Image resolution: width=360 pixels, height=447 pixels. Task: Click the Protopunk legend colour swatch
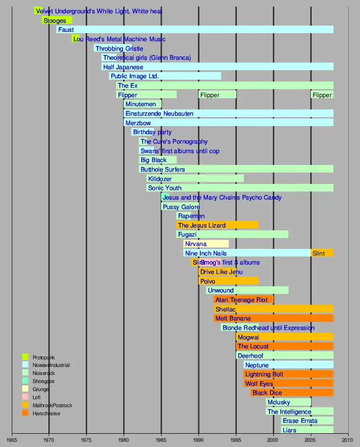point(26,357)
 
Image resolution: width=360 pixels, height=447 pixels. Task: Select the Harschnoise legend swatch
point(26,413)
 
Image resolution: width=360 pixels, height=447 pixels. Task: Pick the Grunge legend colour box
point(26,389)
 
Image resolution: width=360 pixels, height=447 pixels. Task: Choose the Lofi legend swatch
point(26,397)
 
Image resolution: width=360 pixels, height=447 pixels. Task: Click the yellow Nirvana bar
point(206,244)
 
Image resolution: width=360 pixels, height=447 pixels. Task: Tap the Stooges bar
point(57,20)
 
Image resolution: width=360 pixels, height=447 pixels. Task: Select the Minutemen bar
point(143,104)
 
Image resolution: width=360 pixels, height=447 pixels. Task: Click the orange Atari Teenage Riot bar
point(243,300)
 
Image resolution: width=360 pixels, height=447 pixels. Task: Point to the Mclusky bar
point(288,402)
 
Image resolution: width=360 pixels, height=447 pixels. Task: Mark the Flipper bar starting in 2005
point(322,95)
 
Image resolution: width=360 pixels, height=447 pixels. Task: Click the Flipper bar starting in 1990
point(217,95)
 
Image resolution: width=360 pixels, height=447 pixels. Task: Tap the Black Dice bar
point(292,392)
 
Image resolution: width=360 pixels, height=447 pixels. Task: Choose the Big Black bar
point(157,160)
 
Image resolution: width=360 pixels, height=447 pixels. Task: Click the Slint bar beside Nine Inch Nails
point(322,253)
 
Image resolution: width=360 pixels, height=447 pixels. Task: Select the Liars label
point(289,430)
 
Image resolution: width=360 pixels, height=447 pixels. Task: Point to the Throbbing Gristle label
point(119,48)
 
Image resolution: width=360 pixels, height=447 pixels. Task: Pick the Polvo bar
point(228,281)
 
